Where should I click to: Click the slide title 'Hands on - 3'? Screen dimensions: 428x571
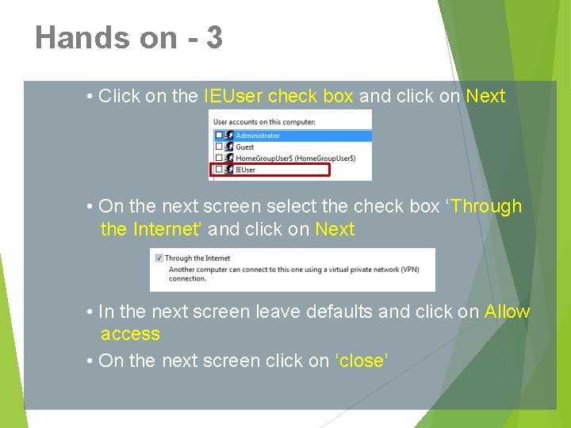[128, 38]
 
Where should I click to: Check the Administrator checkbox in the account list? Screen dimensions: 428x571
[219, 136]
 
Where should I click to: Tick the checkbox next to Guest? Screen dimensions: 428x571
[219, 147]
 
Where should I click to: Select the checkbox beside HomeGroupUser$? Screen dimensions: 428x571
[219, 158]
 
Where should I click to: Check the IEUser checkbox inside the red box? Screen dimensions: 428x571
[219, 169]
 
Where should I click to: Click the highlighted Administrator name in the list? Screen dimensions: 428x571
[258, 136]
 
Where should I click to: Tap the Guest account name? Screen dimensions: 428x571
[245, 147]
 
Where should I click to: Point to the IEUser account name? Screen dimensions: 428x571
[247, 169]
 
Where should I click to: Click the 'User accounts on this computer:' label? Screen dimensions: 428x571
[264, 121]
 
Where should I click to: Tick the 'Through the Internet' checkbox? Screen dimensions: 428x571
[159, 258]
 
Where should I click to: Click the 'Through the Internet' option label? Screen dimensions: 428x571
[197, 258]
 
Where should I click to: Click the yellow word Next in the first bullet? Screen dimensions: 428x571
[485, 96]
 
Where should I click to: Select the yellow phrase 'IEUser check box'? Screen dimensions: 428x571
[278, 96]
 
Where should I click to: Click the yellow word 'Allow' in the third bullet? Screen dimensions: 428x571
[507, 311]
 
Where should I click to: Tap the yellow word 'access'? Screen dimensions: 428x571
[130, 334]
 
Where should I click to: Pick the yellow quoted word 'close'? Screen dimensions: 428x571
[362, 361]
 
